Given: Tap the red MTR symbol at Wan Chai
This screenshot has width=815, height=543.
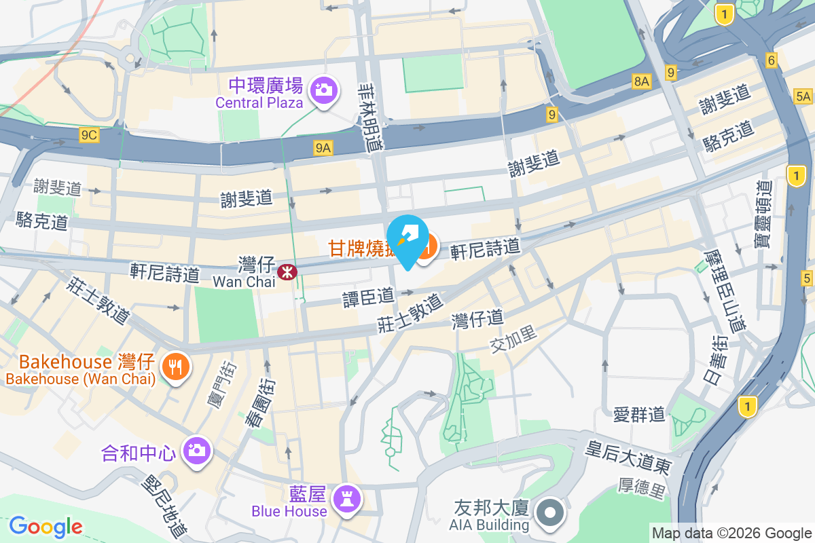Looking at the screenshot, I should pyautogui.click(x=287, y=271).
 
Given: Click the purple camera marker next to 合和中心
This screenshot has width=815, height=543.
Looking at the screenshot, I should pyautogui.click(x=198, y=450).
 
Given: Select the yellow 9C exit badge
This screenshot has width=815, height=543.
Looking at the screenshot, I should pyautogui.click(x=89, y=135).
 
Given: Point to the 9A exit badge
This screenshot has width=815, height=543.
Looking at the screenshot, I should pyautogui.click(x=323, y=147).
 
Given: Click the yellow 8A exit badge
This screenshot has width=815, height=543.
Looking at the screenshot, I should pyautogui.click(x=642, y=81).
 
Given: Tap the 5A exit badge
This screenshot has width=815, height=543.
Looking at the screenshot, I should pyautogui.click(x=803, y=96).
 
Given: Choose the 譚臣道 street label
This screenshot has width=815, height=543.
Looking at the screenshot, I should pyautogui.click(x=368, y=297).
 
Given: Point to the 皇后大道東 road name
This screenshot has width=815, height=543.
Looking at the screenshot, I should pyautogui.click(x=629, y=459).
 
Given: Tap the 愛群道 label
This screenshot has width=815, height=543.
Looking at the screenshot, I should pyautogui.click(x=638, y=414).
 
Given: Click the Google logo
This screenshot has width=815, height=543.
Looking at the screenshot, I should pyautogui.click(x=46, y=527).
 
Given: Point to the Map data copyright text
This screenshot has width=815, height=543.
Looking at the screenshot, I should pyautogui.click(x=732, y=533).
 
